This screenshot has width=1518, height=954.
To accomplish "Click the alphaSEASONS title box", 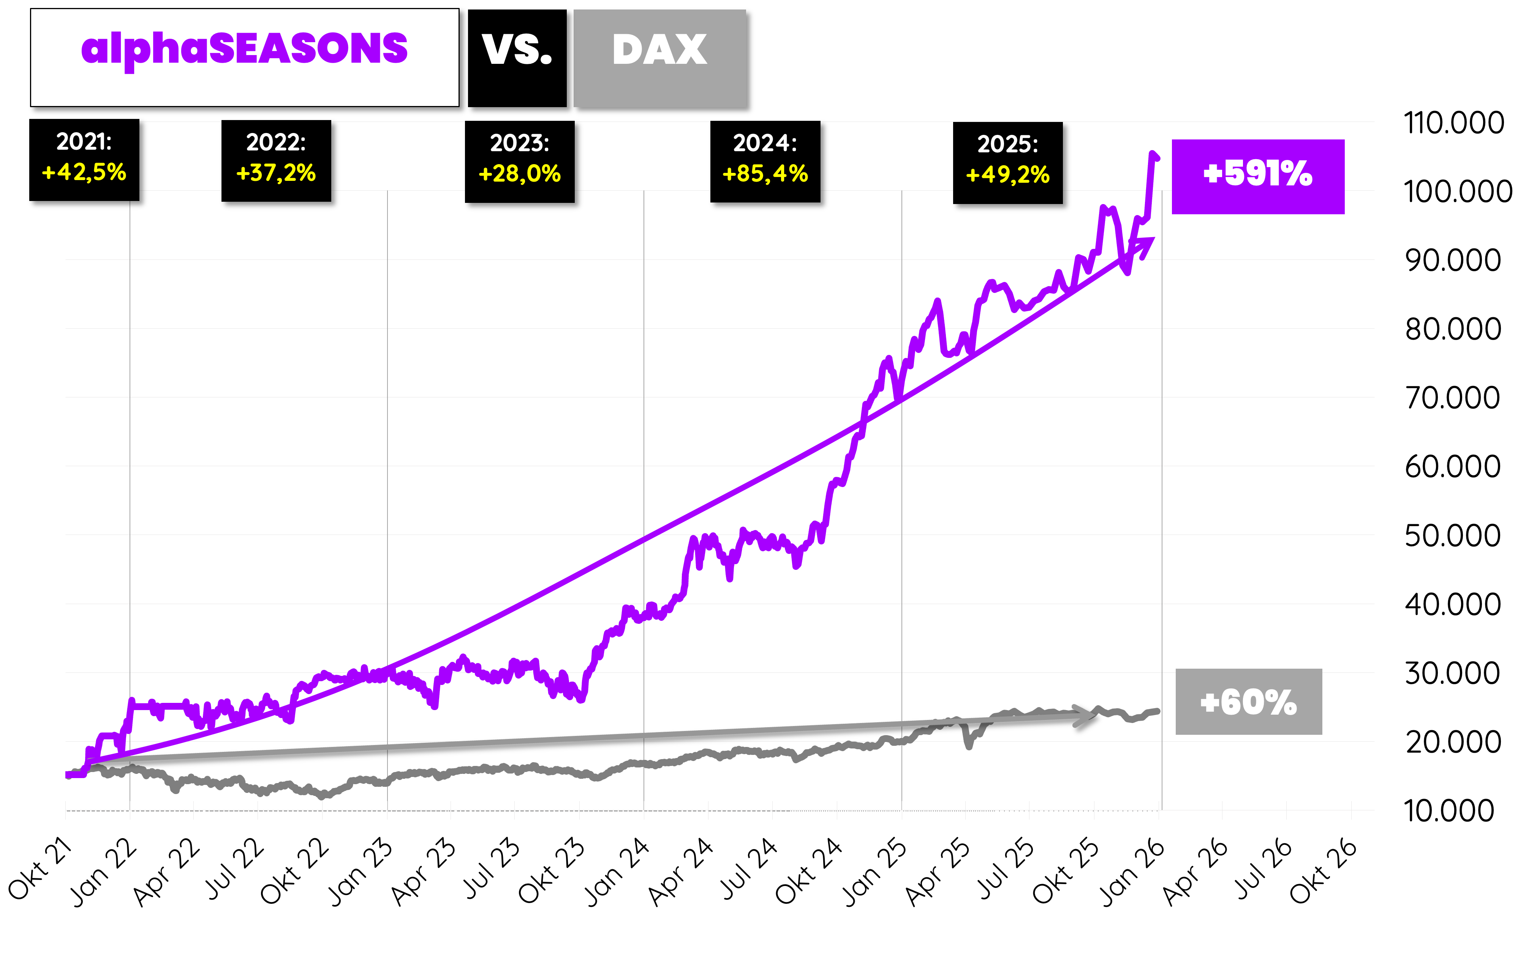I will [245, 57].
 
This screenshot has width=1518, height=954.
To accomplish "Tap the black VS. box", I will [517, 57].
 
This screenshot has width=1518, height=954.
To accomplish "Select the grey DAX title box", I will [659, 57].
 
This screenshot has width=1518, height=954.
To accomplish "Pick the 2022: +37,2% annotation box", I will [276, 160].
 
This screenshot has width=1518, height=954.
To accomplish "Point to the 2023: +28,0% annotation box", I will [519, 161].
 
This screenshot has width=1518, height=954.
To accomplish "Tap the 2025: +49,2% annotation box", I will [1007, 162].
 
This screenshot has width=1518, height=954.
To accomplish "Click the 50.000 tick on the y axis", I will [1452, 535].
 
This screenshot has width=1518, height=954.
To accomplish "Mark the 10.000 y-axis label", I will [1448, 810].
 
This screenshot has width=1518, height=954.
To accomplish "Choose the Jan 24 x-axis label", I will [616, 872].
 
